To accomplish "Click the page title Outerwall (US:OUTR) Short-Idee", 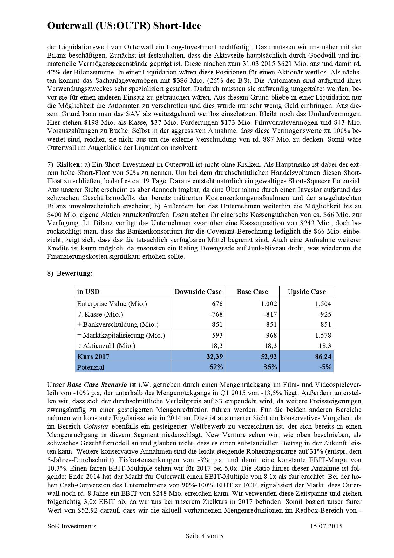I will coord(124,26).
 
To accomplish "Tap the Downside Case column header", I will coord(198,292).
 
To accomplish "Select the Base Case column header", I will coord(252,292).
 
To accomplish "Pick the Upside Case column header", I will coord(307,292).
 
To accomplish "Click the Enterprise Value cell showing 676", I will coord(217,304).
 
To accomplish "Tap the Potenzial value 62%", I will coord(216,367).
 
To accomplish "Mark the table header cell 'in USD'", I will coord(88,292).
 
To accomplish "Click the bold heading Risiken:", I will coord(69,164).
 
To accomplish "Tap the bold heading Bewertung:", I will coord(75,273).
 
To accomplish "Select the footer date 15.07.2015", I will coord(326,526).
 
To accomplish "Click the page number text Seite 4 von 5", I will coord(204,536).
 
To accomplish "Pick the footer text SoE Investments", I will coord(72,526).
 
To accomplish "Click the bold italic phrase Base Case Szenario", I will coord(97,385).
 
